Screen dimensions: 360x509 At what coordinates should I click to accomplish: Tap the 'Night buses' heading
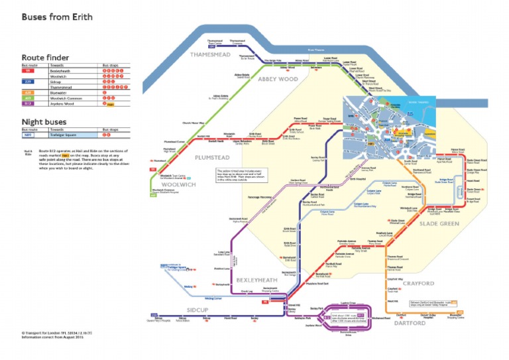pyautogui.click(x=42, y=122)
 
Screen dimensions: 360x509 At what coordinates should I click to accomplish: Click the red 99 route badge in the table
pyautogui.click(x=28, y=71)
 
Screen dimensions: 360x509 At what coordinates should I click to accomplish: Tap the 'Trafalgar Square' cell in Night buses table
pyautogui.click(x=65, y=135)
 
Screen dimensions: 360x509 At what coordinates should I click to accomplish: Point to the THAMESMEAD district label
pyautogui.click(x=209, y=54)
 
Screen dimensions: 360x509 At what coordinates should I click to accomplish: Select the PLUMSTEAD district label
pyautogui.click(x=212, y=158)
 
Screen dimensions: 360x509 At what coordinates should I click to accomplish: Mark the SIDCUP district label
pyautogui.click(x=197, y=310)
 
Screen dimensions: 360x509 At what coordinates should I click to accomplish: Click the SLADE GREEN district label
pyautogui.click(x=439, y=224)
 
